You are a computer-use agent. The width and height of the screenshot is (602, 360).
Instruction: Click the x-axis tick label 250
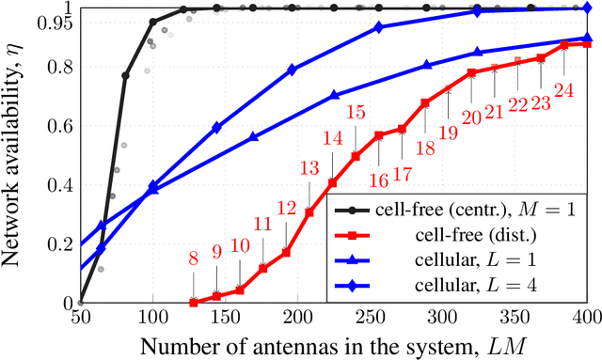click(x=371, y=319)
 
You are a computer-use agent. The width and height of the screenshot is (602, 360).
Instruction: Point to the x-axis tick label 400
click(x=587, y=319)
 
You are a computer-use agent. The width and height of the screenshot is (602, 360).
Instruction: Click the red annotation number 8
click(x=193, y=258)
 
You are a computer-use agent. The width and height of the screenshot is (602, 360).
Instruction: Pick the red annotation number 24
click(x=564, y=91)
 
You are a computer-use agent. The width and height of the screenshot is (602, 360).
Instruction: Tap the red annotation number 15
click(x=356, y=114)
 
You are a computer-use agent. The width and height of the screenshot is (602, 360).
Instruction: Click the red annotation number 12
click(x=287, y=207)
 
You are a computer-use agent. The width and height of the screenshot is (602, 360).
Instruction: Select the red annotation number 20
click(x=472, y=116)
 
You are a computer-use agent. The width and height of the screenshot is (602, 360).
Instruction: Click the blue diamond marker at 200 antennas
click(x=292, y=70)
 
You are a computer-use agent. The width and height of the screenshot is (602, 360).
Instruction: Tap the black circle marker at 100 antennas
click(x=153, y=21)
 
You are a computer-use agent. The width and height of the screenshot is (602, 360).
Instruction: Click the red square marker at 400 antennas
click(x=587, y=44)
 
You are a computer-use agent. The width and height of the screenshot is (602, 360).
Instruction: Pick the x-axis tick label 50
click(x=80, y=319)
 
